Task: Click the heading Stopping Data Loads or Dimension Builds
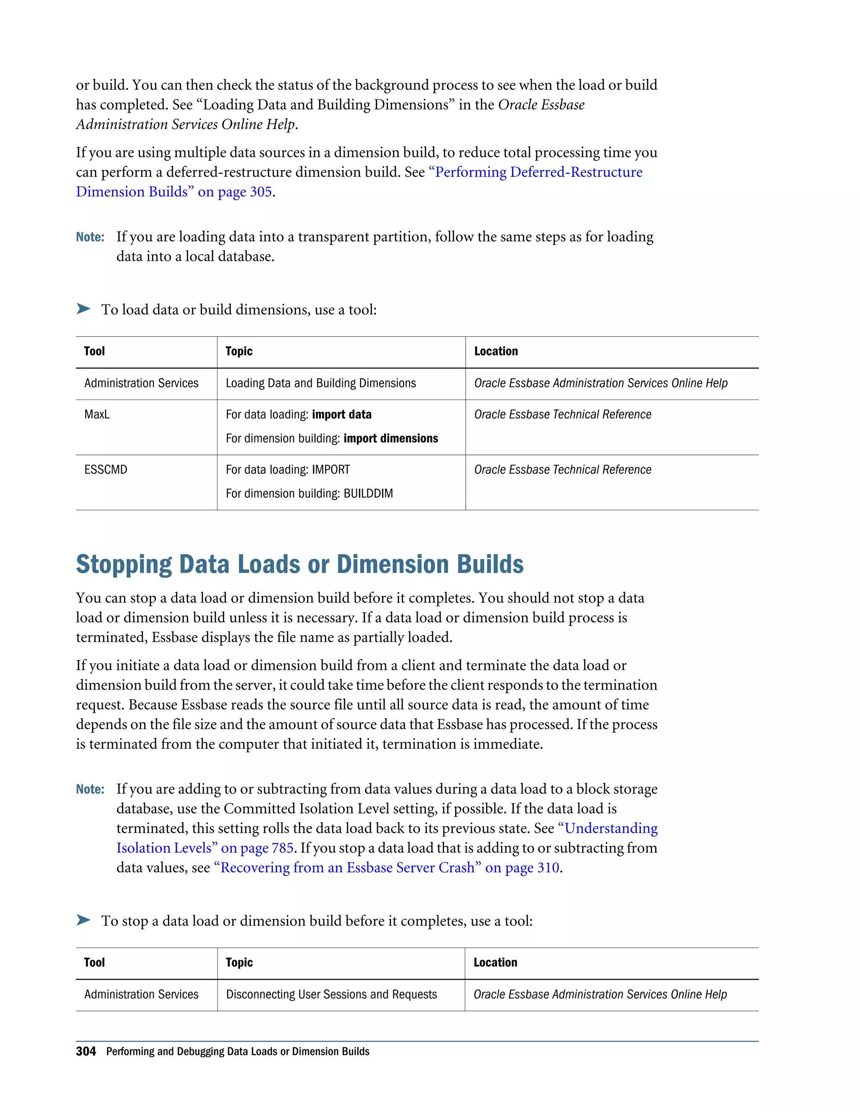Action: (x=299, y=564)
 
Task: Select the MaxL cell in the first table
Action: (x=97, y=415)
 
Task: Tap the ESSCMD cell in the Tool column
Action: (x=105, y=470)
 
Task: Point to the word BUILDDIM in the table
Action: (x=368, y=493)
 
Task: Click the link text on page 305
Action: (x=234, y=192)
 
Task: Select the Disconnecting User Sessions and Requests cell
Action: (x=331, y=995)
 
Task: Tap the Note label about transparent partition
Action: (x=90, y=237)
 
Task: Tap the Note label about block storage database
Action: (x=90, y=790)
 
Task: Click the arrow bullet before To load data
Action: (x=83, y=308)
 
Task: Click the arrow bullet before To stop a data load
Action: (x=83, y=920)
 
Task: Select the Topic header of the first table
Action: (x=239, y=351)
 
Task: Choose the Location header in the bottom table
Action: (x=495, y=963)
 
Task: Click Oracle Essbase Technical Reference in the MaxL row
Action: (x=562, y=415)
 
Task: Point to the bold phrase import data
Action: (x=341, y=415)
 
